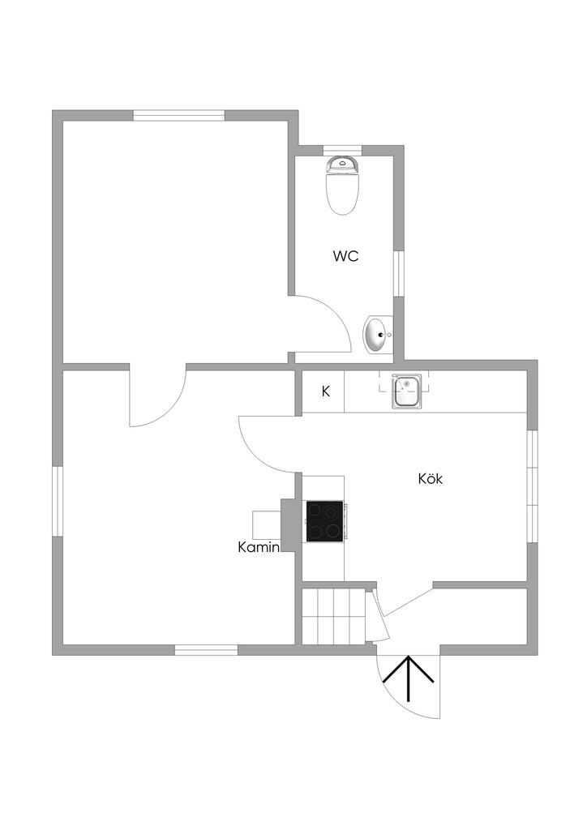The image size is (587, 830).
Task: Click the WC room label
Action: point(345,256)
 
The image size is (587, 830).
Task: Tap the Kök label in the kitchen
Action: point(431,478)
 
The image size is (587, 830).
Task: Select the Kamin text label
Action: point(259,547)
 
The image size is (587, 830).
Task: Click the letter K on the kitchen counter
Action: point(326,391)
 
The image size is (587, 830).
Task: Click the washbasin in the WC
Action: point(377,335)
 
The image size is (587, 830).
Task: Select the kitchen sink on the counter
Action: point(405,391)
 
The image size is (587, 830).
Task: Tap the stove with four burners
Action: point(324,521)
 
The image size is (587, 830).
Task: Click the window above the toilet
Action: point(342,150)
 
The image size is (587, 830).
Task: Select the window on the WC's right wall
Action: point(398,272)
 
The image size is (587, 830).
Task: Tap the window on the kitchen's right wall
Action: point(532,486)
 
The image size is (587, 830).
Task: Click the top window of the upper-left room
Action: point(178,115)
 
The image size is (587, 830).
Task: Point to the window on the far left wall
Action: point(58,501)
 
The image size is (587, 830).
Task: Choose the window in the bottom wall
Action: point(206,649)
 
